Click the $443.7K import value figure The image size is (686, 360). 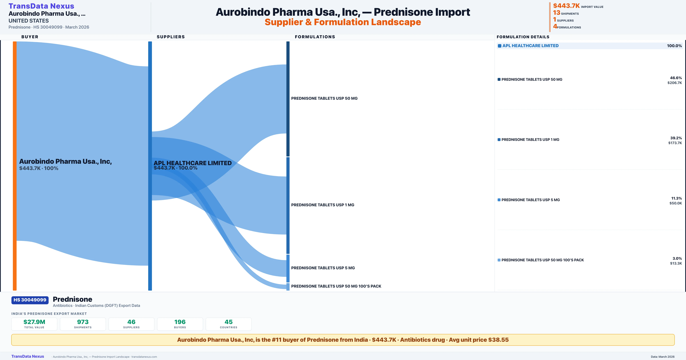click(x=566, y=6)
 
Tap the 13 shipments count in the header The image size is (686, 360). click(x=556, y=13)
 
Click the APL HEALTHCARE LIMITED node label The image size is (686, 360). click(x=193, y=163)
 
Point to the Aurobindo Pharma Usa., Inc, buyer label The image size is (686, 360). click(x=65, y=161)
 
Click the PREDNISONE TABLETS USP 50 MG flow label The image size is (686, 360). click(x=324, y=98)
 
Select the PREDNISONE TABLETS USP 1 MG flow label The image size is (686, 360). click(x=323, y=205)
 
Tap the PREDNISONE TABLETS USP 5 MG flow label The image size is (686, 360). click(x=323, y=268)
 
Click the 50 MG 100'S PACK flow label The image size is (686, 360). click(x=336, y=286)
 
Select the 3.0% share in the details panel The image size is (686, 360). click(x=677, y=259)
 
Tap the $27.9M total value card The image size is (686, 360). click(x=34, y=324)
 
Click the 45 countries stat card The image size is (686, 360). click(x=229, y=324)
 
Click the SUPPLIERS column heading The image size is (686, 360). click(x=170, y=37)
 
